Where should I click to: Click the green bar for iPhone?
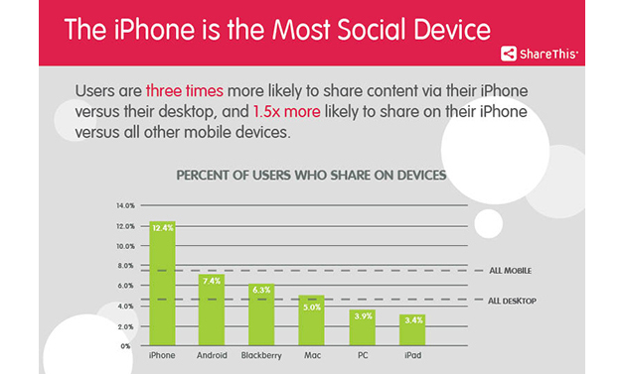coord(162,284)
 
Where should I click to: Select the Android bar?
coord(212,310)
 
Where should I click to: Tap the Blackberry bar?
coord(261,314)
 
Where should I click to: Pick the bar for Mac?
coord(312,320)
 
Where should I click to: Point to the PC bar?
coord(362,327)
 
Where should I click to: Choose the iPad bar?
coord(412,330)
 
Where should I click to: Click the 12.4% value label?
coord(163,228)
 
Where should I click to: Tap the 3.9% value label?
coord(364,316)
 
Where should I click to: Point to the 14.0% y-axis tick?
coord(126,206)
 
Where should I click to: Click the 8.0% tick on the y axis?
coord(126,266)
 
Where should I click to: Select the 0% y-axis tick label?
coord(126,346)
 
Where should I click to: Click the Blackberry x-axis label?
coord(261,356)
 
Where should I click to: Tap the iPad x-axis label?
coord(413,355)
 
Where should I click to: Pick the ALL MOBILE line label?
coord(510,271)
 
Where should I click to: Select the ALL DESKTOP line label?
coord(512,301)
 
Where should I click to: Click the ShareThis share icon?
coord(509,54)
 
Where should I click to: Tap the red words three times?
coord(185,91)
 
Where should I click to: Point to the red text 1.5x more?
coord(287,112)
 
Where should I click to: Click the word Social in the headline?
coord(373,30)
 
